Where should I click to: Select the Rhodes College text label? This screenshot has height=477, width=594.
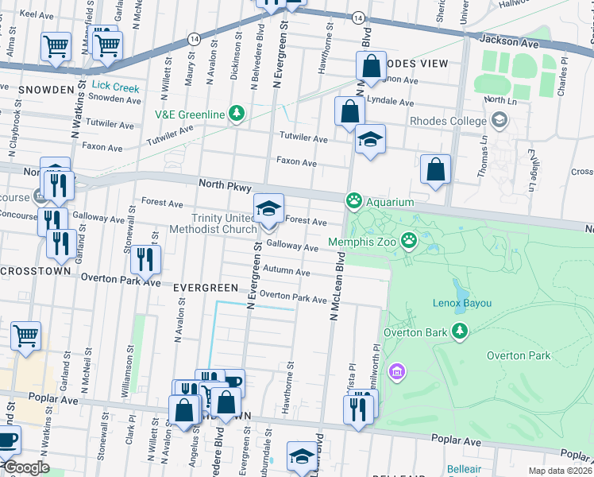(x=447, y=121)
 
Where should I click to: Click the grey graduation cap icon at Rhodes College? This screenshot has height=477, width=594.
(x=499, y=121)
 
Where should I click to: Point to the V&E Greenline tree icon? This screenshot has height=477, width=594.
(x=236, y=114)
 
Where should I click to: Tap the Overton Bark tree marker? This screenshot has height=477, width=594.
(x=458, y=332)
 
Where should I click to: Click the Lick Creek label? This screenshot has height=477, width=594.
(x=115, y=86)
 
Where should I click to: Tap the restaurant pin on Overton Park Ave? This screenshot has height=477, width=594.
(x=145, y=258)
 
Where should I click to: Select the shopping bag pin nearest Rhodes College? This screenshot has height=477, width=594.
(x=435, y=169)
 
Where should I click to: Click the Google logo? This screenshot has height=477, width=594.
(x=25, y=467)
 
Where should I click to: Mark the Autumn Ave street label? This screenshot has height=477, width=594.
(x=286, y=272)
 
